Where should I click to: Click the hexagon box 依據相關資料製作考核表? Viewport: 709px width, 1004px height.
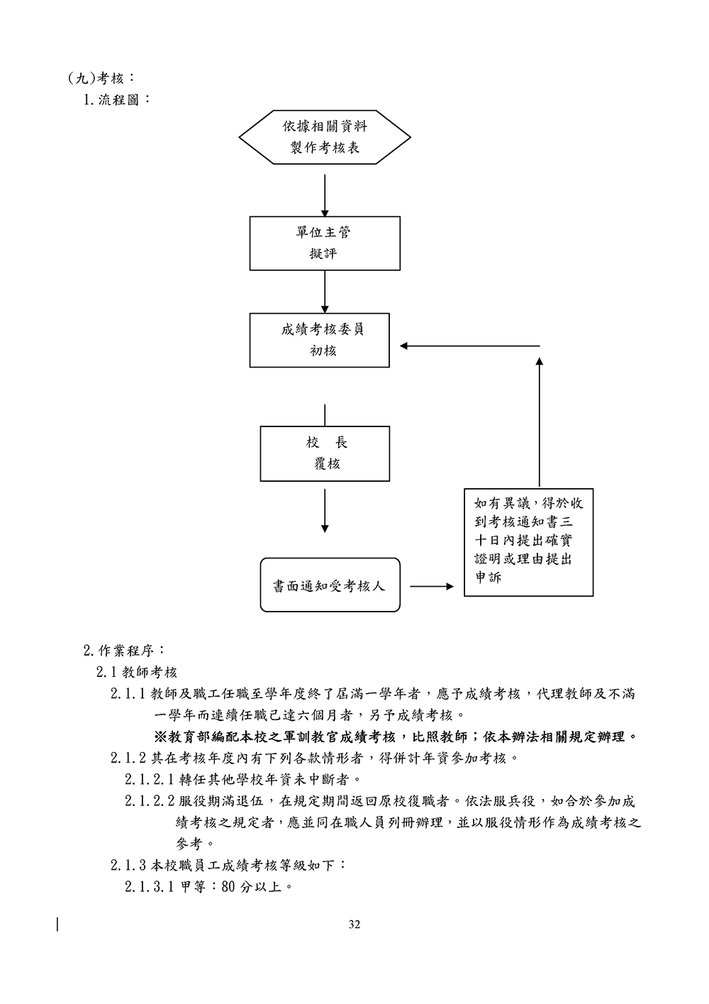pyautogui.click(x=325, y=137)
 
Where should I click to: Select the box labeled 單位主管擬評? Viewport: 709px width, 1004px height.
pyautogui.click(x=325, y=243)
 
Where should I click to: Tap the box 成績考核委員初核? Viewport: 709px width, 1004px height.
pyautogui.click(x=320, y=340)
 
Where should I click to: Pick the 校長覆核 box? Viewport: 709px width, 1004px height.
pyautogui.click(x=325, y=453)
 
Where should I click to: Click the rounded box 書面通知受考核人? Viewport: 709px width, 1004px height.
pyautogui.click(x=330, y=585)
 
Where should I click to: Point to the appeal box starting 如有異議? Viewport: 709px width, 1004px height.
pyautogui.click(x=528, y=541)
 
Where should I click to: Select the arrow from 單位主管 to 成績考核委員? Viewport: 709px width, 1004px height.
pyautogui.click(x=325, y=292)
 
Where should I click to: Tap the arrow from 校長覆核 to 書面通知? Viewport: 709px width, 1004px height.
pyautogui.click(x=325, y=510)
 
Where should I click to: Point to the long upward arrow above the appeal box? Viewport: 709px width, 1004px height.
pyautogui.click(x=540, y=422)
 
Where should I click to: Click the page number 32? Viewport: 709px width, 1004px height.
pyautogui.click(x=354, y=925)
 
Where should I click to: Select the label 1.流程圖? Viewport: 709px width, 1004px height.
pyautogui.click(x=118, y=99)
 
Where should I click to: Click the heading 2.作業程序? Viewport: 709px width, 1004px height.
pyautogui.click(x=125, y=650)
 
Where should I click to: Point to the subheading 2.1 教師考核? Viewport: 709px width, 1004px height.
pyautogui.click(x=137, y=672)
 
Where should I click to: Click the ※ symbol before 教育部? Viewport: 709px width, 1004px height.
pyautogui.click(x=160, y=737)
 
